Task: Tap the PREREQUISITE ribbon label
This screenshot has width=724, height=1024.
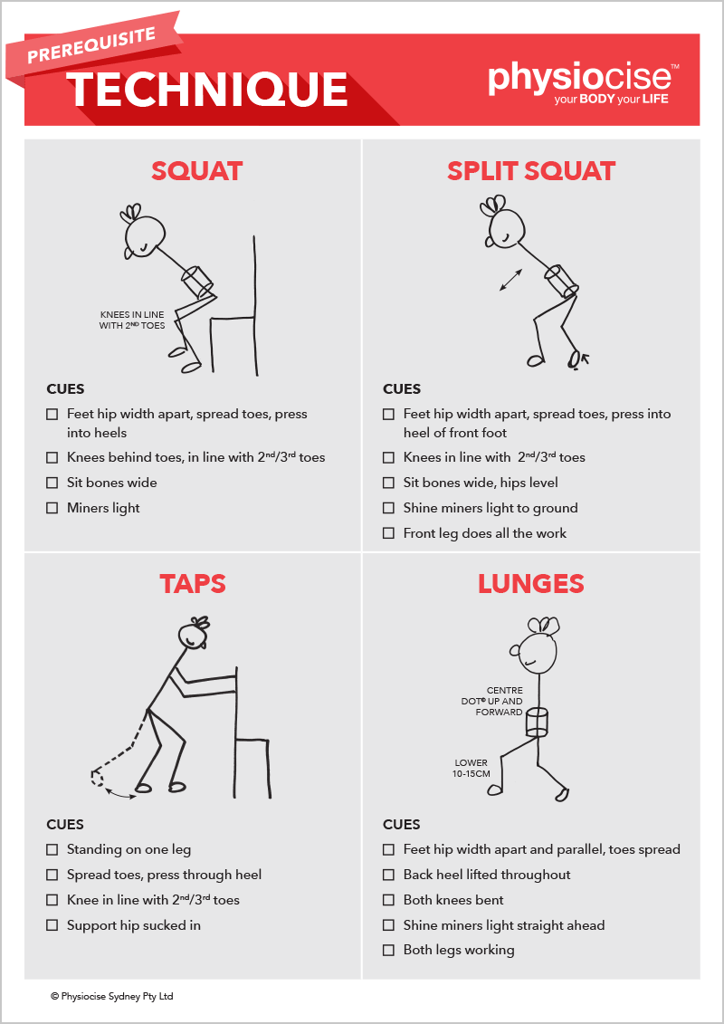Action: [x=91, y=45]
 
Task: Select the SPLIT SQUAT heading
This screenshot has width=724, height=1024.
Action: [x=530, y=171]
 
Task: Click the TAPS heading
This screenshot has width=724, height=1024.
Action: [x=193, y=583]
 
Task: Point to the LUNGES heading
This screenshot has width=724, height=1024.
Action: [x=530, y=583]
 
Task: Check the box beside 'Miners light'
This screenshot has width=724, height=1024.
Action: [x=52, y=508]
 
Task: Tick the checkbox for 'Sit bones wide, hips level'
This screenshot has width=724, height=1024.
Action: [x=388, y=483]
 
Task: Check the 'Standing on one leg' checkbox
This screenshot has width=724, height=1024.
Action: [x=52, y=849]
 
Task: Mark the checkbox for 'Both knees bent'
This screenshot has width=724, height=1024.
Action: [x=388, y=900]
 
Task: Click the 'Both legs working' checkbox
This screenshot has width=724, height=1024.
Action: [x=388, y=950]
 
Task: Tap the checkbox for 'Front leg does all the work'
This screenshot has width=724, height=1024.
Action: [x=388, y=533]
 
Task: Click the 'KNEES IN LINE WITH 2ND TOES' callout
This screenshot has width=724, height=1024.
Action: [x=132, y=320]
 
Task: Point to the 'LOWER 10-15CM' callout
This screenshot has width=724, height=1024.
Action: [x=472, y=768]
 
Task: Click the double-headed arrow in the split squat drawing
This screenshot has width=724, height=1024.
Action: [x=510, y=280]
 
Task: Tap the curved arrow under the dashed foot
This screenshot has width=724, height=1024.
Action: [x=120, y=793]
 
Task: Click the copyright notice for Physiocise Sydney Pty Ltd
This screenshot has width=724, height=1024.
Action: [x=111, y=997]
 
